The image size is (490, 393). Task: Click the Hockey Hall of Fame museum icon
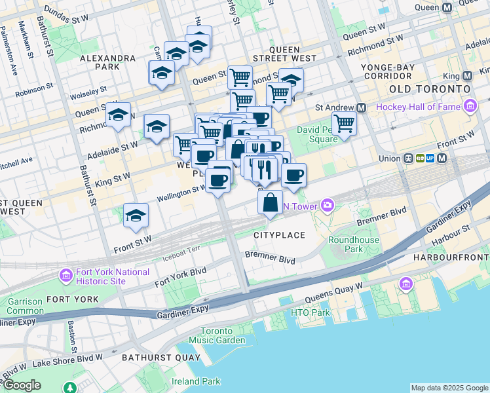(x=470, y=106)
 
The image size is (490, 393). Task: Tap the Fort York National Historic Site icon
(x=66, y=276)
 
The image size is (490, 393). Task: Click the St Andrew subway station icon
(x=361, y=107)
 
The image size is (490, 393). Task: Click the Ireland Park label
(x=196, y=381)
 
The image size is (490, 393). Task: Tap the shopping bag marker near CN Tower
(x=271, y=203)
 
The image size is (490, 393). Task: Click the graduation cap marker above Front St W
(x=136, y=215)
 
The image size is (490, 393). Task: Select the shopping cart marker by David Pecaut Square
(x=344, y=123)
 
